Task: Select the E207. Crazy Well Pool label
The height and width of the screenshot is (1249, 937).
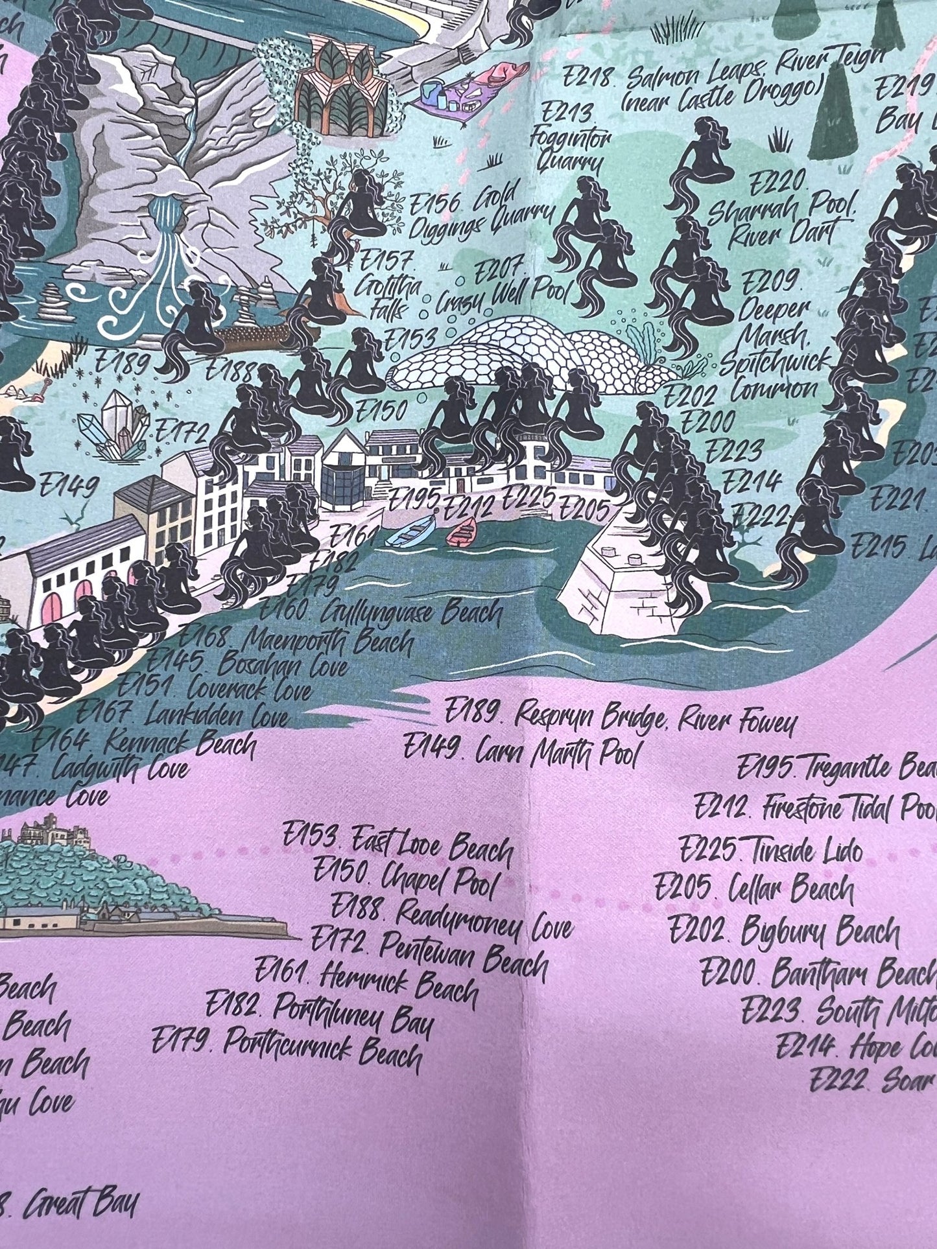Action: tap(503, 286)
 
